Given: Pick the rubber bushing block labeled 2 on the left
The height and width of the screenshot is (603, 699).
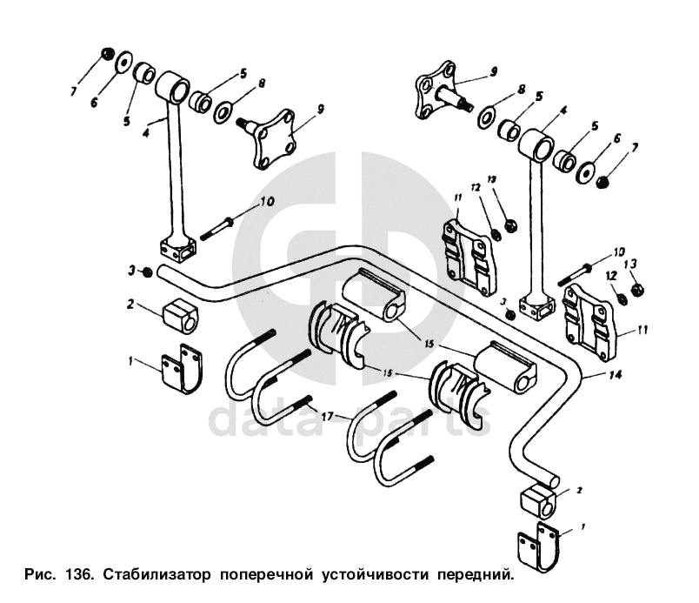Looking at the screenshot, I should (181, 315).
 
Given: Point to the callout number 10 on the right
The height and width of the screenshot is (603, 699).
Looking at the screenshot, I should (618, 253).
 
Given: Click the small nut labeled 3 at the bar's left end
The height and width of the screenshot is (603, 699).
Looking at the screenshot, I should (149, 272).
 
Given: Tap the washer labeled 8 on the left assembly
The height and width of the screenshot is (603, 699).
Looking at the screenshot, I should (223, 111).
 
